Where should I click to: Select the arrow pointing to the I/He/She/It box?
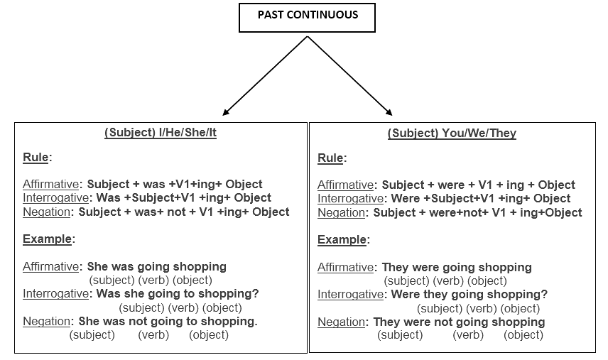pyautogui.click(x=265, y=76)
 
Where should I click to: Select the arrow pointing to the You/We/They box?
pyautogui.click(x=349, y=76)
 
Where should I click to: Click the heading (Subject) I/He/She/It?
pyautogui.click(x=161, y=133)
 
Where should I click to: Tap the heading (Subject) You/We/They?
pyautogui.click(x=452, y=133)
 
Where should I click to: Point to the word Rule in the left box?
pyautogui.click(x=36, y=158)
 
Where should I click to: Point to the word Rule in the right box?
pyautogui.click(x=330, y=158)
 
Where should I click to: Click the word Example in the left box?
pyautogui.click(x=48, y=239)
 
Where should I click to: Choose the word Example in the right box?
pyautogui.click(x=342, y=239)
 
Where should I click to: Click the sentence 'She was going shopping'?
pyautogui.click(x=157, y=266)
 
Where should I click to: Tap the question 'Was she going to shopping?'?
pyautogui.click(x=178, y=294)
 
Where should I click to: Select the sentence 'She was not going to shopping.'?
pyautogui.click(x=168, y=321)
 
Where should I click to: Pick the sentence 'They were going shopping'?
pyautogui.click(x=457, y=268)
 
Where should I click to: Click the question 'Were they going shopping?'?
pyautogui.click(x=469, y=295)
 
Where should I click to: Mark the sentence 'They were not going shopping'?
pyautogui.click(x=459, y=322)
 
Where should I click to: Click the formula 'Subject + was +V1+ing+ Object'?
pyautogui.click(x=175, y=184)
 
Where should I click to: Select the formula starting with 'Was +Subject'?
pyautogui.click(x=184, y=197)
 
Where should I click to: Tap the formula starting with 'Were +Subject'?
pyautogui.click(x=481, y=198)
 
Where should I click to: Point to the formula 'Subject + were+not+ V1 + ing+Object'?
pyautogui.click(x=478, y=212)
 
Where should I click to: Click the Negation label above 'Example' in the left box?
pyautogui.click(x=47, y=212)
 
